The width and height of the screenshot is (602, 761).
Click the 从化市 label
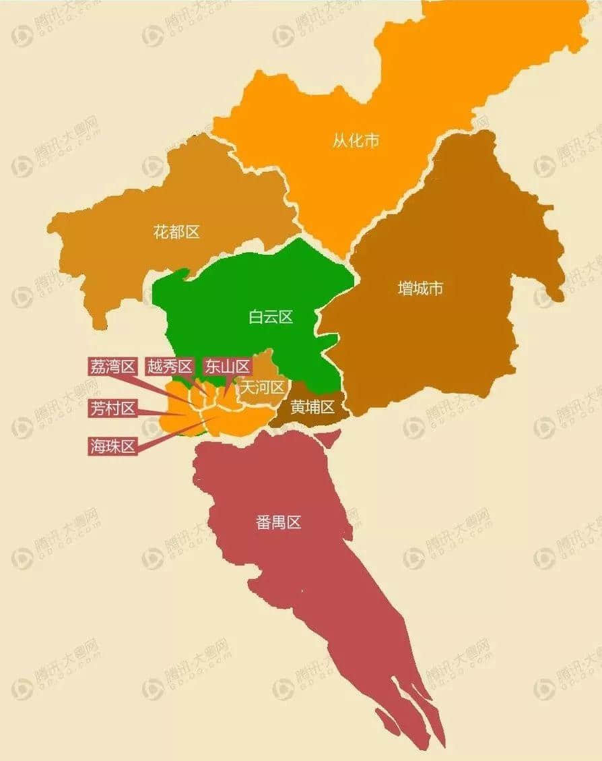pyautogui.click(x=356, y=141)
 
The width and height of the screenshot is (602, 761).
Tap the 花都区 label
pyautogui.click(x=177, y=233)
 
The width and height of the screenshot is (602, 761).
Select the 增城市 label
pyautogui.click(x=420, y=288)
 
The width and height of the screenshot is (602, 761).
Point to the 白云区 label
pyautogui.click(x=271, y=317)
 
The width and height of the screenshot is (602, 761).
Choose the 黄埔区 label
pyautogui.click(x=312, y=407)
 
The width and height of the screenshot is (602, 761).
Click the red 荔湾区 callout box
pyautogui.click(x=112, y=367)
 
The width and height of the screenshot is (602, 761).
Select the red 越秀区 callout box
pyautogui.click(x=170, y=367)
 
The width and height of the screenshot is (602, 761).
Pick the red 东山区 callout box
pyautogui.click(x=227, y=367)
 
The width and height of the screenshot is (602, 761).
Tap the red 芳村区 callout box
pyautogui.click(x=112, y=408)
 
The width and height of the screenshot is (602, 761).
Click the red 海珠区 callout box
pyautogui.click(x=112, y=446)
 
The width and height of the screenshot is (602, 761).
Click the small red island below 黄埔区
pyautogui.click(x=327, y=439)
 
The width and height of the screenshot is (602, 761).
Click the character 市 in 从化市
pyautogui.click(x=371, y=141)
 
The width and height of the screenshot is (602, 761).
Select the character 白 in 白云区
pyautogui.click(x=256, y=317)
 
